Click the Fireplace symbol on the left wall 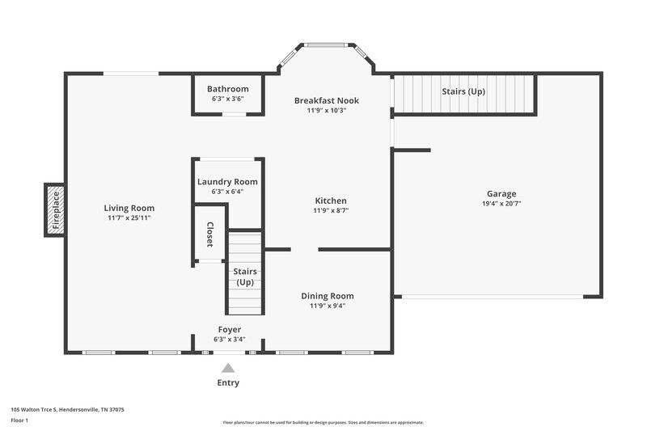pos(55,210)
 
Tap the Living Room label pos(130,208)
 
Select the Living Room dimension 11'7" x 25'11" pos(130,218)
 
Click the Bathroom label pos(227,89)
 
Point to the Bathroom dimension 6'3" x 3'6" pos(227,99)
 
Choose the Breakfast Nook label pos(326,100)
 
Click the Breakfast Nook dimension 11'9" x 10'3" pos(326,111)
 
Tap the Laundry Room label pos(227,182)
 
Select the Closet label pos(209,234)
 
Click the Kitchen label pos(331,201)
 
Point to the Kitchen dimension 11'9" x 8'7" pos(331,210)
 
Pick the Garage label pos(501,194)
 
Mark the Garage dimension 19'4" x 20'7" pos(501,204)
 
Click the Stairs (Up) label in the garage pos(463,91)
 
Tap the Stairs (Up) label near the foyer pos(245,277)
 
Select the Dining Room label pos(327,296)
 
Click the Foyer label pos(229,329)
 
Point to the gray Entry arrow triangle pos(228,368)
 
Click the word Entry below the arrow pos(228,382)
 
